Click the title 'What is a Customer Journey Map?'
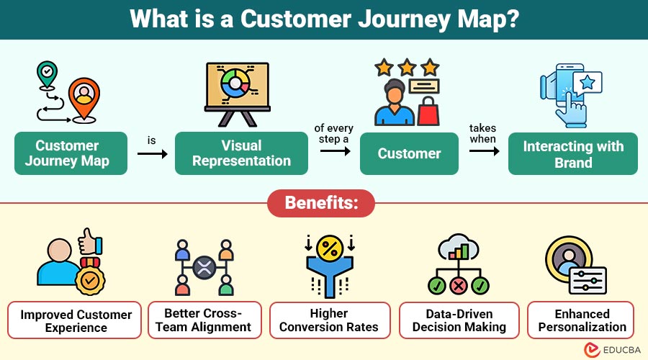(324, 19)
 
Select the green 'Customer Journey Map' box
(71, 153)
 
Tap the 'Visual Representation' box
(241, 153)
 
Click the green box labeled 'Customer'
(409, 153)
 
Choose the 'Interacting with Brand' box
(572, 153)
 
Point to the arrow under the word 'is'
(152, 153)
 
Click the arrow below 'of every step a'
(333, 151)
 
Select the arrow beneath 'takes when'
(484, 151)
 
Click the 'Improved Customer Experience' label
(76, 320)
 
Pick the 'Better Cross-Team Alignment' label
(203, 320)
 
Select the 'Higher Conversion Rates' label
(329, 320)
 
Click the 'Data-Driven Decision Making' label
(459, 320)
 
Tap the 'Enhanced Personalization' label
(581, 320)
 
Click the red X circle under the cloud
(459, 287)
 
